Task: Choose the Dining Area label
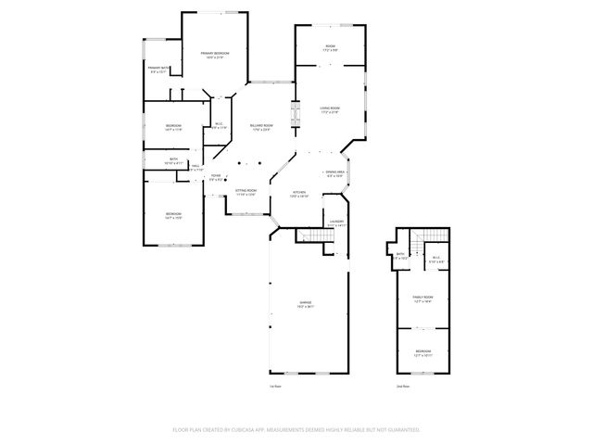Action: [334, 172]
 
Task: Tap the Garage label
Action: [306, 304]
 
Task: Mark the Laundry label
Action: [336, 222]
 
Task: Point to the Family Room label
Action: [423, 297]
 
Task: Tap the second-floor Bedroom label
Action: [423, 351]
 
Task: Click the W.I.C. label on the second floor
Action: [435, 260]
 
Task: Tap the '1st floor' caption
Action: [274, 386]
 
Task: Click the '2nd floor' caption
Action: [401, 386]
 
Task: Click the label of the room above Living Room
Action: [331, 46]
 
